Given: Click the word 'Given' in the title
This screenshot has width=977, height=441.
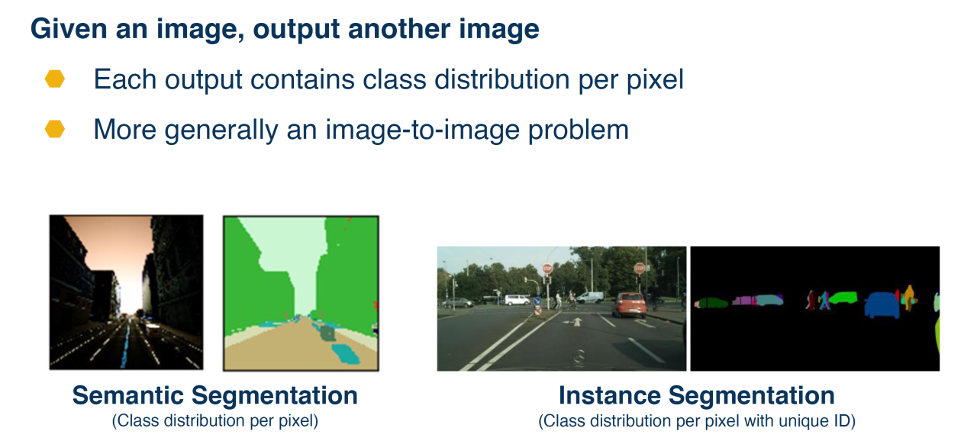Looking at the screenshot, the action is [x=69, y=29].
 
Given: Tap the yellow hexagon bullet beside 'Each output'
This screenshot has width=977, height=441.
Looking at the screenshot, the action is [x=54, y=79].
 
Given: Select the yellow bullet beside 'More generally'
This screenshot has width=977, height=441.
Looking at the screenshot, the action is [x=54, y=129].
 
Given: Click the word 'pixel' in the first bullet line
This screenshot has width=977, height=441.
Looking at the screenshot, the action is [x=655, y=80].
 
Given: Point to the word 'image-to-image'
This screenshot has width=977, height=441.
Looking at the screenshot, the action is [x=422, y=130].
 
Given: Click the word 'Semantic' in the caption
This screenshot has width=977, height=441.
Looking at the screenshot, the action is [x=128, y=395].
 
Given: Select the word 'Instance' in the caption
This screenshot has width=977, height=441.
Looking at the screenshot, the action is [x=610, y=395].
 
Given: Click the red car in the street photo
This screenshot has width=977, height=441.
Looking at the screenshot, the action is [x=630, y=304].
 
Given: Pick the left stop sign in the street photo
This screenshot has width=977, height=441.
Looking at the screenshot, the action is [x=547, y=269].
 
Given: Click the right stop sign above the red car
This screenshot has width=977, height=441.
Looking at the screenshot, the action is [x=640, y=268].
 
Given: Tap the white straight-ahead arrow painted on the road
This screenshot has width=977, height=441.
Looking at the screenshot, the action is [x=577, y=322].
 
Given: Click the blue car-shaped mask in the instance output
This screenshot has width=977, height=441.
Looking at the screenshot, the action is [x=882, y=304].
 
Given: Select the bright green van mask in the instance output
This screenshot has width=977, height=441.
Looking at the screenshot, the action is [x=843, y=298].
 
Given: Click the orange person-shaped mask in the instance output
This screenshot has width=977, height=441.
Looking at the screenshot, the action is [x=909, y=298].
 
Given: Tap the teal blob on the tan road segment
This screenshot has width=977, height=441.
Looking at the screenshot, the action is [x=346, y=354].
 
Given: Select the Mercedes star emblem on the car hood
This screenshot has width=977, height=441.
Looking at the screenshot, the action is [x=579, y=356].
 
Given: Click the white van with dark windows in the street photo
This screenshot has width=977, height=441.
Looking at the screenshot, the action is [x=518, y=300].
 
